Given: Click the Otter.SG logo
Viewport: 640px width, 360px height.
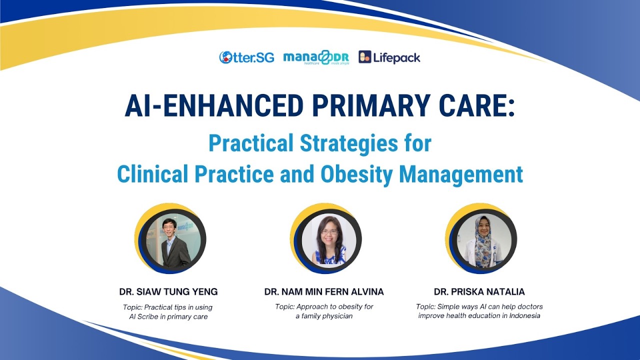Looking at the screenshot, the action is (x=246, y=57).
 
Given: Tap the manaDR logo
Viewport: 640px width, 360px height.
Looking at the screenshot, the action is (x=316, y=58).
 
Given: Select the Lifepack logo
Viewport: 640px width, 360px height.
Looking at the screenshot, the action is (x=389, y=57).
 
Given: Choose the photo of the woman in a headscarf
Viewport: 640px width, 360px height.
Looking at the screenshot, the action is (x=481, y=240).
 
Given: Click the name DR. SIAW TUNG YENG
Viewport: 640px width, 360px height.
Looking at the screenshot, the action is (x=168, y=291).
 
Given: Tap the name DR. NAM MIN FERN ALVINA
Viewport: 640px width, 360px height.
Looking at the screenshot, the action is (x=324, y=291).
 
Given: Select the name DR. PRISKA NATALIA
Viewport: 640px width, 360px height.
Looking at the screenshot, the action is (x=479, y=291).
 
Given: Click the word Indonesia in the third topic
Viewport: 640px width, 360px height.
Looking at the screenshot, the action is (x=523, y=316).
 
